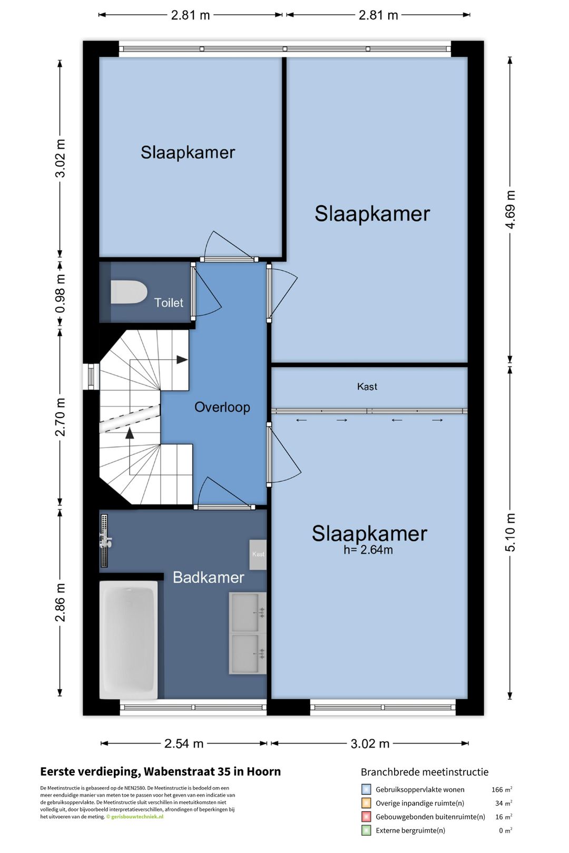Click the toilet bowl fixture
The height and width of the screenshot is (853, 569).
coord(129,292)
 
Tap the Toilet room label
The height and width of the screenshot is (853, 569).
coord(169,303)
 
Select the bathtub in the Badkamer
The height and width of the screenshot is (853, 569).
coord(129,640)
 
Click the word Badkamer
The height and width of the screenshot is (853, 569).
coord(209,578)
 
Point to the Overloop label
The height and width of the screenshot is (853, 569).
coord(222,407)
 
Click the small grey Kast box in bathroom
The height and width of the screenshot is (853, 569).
coord(258,554)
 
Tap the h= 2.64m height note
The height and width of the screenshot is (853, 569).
coord(368,550)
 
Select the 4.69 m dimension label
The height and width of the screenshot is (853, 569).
coord(511,210)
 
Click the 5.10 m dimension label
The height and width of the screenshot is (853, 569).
coord(511,532)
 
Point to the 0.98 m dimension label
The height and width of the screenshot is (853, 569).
coord(60,294)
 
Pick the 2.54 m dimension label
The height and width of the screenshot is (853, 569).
coord(184,743)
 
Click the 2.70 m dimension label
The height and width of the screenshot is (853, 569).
coord(60,417)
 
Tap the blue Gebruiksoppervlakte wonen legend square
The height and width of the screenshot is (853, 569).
coord(366,789)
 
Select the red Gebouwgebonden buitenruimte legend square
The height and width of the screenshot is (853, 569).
coord(366,817)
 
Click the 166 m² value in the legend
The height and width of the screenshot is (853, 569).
coord(502,789)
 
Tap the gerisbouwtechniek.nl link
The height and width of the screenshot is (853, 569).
coord(137,817)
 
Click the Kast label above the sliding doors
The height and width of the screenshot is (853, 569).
coord(367,386)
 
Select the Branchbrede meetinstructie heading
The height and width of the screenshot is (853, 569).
coord(425,772)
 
